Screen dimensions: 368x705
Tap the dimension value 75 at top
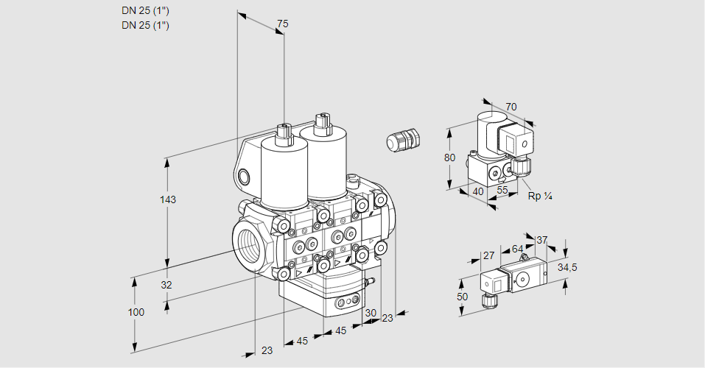(x=281, y=24)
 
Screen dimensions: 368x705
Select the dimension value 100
(x=136, y=312)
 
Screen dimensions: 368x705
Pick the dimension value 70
(x=511, y=107)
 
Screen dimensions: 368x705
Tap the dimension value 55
(x=503, y=190)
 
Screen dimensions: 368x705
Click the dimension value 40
(x=478, y=191)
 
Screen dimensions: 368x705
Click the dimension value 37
(x=542, y=240)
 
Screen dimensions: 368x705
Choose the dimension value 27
(x=488, y=255)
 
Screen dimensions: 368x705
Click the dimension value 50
(x=461, y=296)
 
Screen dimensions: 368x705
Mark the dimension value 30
(x=370, y=312)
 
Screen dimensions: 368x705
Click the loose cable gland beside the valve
(x=403, y=139)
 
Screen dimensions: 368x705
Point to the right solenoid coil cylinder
(x=326, y=163)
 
